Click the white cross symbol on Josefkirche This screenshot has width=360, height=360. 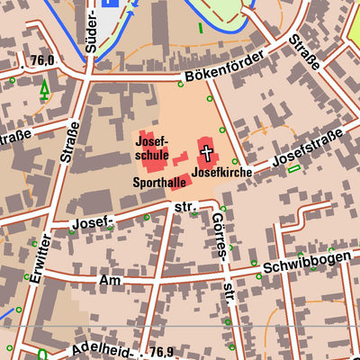[x=207, y=151]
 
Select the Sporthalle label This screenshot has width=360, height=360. [x=158, y=181]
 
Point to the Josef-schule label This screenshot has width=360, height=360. [x=151, y=148]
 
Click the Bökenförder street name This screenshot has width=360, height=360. [x=221, y=68]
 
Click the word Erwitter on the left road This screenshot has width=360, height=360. [x=37, y=259]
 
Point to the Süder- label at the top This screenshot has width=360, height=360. [x=89, y=29]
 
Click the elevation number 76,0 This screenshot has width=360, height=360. [x=41, y=60]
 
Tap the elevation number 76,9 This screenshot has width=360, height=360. [x=162, y=351]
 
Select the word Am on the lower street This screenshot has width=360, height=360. [x=111, y=281]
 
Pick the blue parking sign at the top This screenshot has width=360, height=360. [x=110, y=4]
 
